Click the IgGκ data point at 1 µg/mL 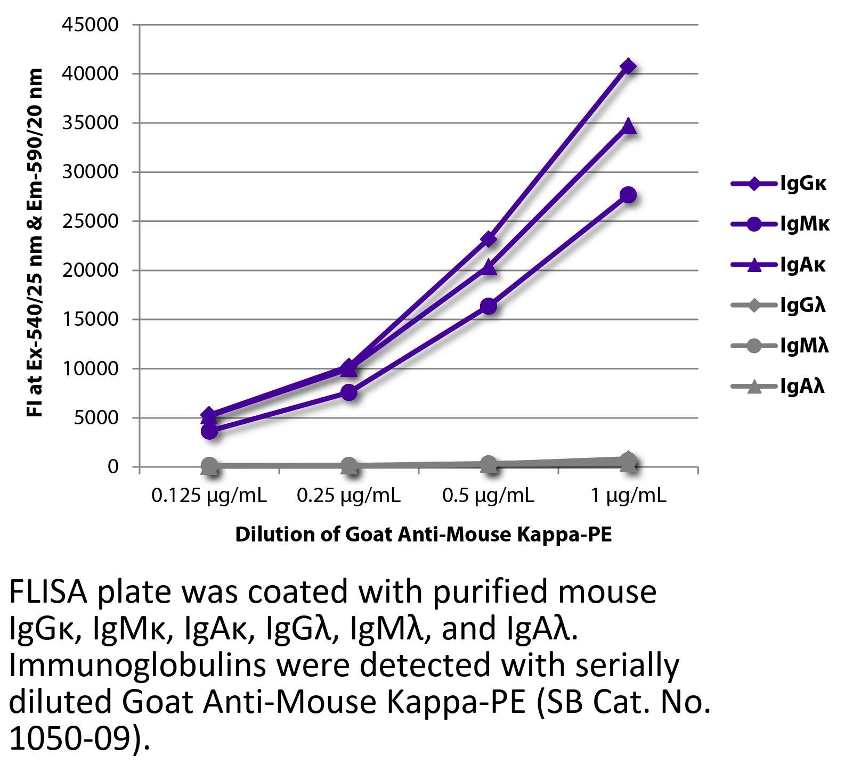click(628, 66)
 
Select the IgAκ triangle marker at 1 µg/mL click(628, 126)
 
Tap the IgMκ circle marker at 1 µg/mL click(628, 195)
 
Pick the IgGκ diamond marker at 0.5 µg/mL click(489, 240)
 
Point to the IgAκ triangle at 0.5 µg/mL click(489, 268)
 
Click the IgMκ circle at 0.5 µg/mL click(489, 306)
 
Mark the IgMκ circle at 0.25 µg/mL click(349, 392)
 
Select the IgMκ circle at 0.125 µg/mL click(209, 431)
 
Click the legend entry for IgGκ click(779, 184)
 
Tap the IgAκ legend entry click(779, 265)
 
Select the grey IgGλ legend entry click(779, 306)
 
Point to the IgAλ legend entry click(779, 386)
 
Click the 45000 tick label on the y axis click(90, 24)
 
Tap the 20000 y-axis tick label click(90, 270)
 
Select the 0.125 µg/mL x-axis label click(209, 496)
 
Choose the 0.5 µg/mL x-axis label click(488, 496)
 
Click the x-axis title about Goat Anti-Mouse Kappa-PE click(423, 535)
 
